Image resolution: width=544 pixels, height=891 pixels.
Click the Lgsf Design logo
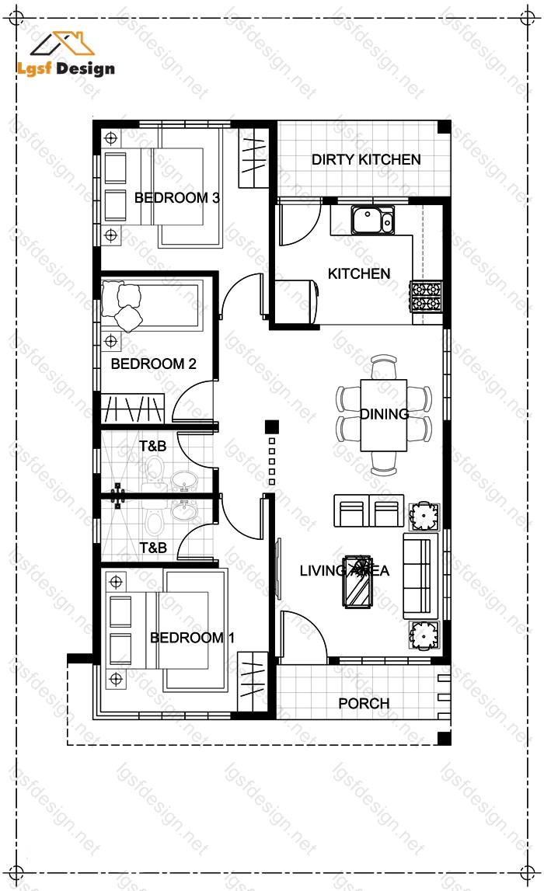click(65, 54)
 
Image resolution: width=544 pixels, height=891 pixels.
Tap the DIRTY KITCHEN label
click(366, 160)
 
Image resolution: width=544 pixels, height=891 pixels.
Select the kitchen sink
click(373, 221)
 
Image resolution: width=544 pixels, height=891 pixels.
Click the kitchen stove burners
click(426, 296)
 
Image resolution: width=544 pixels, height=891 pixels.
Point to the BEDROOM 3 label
click(176, 198)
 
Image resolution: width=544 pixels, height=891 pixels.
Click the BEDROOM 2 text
click(153, 364)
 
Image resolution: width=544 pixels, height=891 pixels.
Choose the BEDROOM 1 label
click(192, 638)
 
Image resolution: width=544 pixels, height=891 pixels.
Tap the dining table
click(384, 416)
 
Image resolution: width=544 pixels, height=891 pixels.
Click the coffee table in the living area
click(357, 581)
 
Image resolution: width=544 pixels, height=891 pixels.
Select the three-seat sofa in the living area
click(420, 576)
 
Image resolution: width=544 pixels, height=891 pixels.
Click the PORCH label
click(364, 704)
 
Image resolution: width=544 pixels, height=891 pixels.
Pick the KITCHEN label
click(359, 274)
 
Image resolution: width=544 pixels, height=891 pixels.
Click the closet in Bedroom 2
click(132, 408)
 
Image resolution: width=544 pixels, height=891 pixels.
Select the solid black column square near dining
click(272, 426)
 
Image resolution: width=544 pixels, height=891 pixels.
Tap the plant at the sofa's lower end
click(424, 635)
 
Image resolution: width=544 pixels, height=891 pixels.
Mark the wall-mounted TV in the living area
click(278, 569)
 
